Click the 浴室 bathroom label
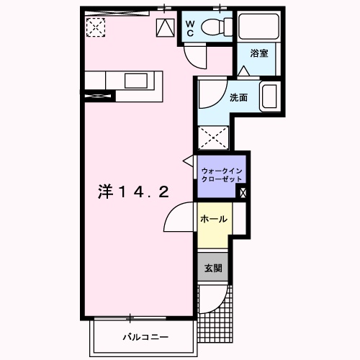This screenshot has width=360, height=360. click(x=258, y=53)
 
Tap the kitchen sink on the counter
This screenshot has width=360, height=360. click(x=135, y=80)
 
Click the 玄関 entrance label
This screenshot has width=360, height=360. click(x=213, y=268)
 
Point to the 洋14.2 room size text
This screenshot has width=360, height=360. click(x=133, y=192)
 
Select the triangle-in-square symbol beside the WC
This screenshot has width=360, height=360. click(x=165, y=28)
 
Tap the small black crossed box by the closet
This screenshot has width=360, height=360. click(x=243, y=192)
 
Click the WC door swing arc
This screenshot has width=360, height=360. click(x=194, y=54)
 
